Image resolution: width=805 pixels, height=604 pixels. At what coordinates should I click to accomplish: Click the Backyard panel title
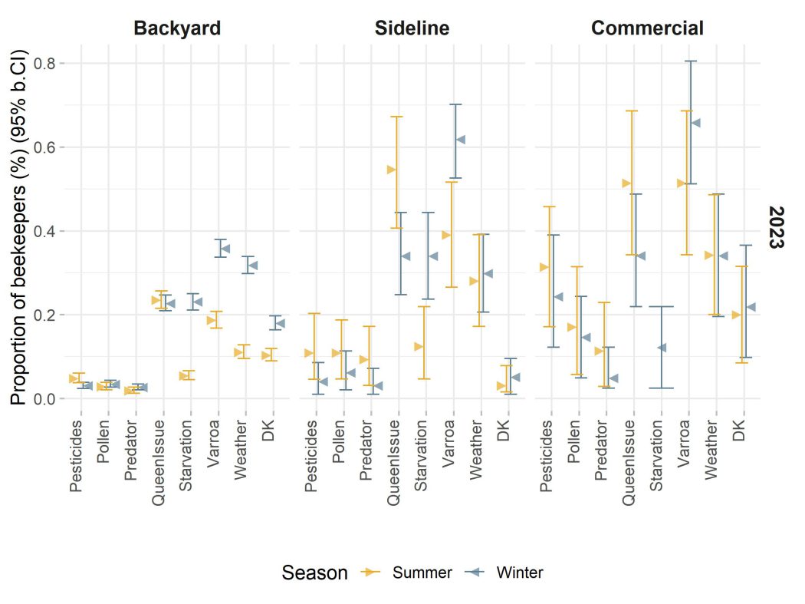177,29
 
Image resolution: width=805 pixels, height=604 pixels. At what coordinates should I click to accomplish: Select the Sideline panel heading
412,29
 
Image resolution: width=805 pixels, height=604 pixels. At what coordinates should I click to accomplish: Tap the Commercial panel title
647,29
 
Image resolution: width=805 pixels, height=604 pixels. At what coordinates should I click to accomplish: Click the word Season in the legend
314,573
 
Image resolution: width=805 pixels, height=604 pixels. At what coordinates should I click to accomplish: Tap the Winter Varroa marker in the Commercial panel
696,123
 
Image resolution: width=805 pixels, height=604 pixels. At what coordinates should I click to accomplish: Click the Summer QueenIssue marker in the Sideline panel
391,170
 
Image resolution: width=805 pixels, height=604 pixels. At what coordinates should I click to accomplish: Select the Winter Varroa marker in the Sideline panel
461,140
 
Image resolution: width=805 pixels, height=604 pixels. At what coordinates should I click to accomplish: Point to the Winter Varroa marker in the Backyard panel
225,249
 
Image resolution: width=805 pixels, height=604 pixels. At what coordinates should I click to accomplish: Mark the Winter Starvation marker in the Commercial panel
662,348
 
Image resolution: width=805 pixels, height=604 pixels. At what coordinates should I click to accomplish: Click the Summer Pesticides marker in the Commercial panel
544,267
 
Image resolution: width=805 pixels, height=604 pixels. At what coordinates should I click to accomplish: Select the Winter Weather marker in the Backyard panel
252,266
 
